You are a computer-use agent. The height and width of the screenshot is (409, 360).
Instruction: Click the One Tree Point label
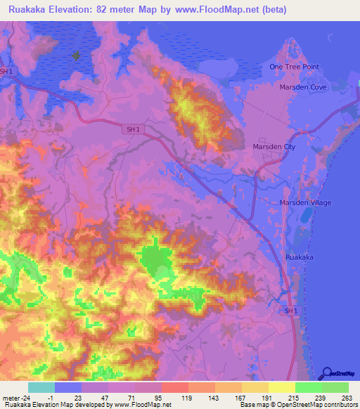pyautogui.click(x=294, y=67)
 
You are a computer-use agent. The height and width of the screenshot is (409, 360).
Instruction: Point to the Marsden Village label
pyautogui.click(x=306, y=202)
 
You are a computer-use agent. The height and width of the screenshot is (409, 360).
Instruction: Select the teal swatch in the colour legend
pyautogui.click(x=41, y=387)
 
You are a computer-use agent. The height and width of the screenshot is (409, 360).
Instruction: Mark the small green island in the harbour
pyautogui.click(x=76, y=56)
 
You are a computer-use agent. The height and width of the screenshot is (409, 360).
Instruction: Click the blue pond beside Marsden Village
pyautogui.click(x=304, y=222)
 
